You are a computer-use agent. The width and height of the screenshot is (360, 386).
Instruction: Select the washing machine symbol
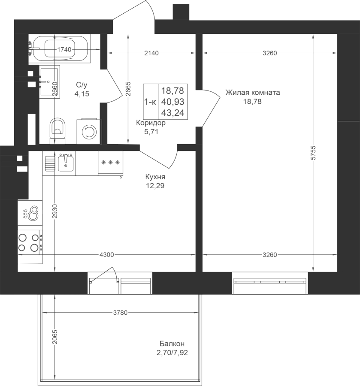(89, 132)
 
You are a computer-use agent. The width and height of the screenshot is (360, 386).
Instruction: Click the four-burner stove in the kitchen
(30, 242)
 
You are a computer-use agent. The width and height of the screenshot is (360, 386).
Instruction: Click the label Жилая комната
(253, 93)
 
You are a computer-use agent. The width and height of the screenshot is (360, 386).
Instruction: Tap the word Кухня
(155, 177)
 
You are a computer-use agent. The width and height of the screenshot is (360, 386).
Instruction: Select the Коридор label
(151, 123)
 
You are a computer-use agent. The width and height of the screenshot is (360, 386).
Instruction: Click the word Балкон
(172, 344)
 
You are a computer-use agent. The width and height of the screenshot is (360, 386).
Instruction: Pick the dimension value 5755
(313, 153)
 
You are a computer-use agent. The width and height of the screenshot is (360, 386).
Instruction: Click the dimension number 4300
(106, 255)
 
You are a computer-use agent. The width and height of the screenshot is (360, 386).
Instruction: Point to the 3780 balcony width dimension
(121, 313)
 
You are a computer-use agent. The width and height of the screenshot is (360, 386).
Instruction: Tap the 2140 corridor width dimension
(151, 53)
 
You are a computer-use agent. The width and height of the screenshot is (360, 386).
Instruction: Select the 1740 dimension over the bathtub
(64, 50)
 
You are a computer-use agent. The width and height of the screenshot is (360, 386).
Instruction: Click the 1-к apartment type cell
(150, 102)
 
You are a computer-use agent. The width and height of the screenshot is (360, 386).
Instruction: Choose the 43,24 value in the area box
(172, 113)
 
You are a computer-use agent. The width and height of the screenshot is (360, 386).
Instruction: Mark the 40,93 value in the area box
(172, 102)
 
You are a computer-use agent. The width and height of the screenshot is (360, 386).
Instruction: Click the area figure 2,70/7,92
(172, 353)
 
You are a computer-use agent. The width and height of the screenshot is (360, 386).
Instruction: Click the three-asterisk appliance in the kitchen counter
(111, 163)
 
